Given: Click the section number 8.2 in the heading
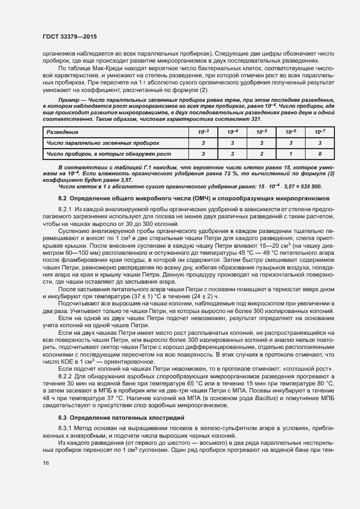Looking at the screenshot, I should [63, 198].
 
